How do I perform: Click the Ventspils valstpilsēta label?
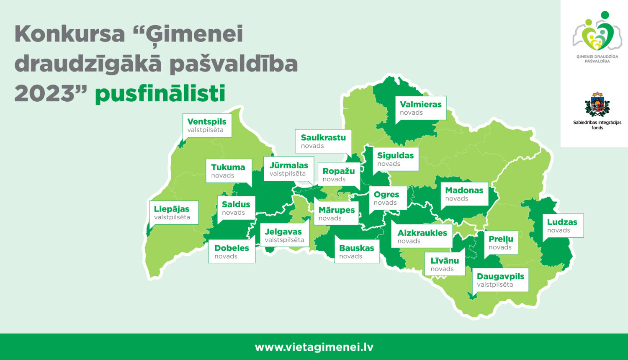207,125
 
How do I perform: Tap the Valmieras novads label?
420,108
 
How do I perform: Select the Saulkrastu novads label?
323,141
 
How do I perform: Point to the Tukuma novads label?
228,171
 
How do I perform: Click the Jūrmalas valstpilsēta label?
288,169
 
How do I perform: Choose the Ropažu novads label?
338,175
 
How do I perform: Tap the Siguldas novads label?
395,159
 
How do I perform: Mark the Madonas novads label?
464,194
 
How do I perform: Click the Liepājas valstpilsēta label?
173,213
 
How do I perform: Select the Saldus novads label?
236,208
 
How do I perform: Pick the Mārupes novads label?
336,213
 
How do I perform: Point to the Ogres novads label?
387,198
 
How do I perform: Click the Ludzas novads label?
562,226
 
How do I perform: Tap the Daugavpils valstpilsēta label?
501,280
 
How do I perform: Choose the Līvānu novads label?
444,264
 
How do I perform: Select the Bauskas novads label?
356,252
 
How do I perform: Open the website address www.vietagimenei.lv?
314,347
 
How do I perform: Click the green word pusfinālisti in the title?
160,94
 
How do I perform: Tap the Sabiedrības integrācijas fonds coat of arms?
597,105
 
